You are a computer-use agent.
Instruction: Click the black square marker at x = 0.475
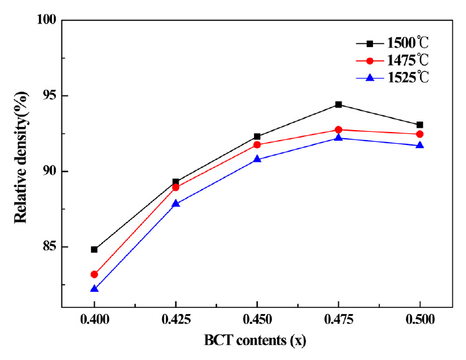338,105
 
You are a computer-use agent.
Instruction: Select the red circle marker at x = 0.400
94,274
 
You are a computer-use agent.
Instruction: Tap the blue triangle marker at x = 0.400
94,289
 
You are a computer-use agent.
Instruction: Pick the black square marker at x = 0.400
94,250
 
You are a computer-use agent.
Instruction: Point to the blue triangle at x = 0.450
257,159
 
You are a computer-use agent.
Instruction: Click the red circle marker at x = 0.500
420,134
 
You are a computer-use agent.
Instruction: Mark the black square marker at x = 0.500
420,125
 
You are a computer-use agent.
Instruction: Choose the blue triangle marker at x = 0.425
176,203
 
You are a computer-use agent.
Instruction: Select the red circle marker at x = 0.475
338,130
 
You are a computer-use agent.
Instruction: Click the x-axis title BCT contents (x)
257,341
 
